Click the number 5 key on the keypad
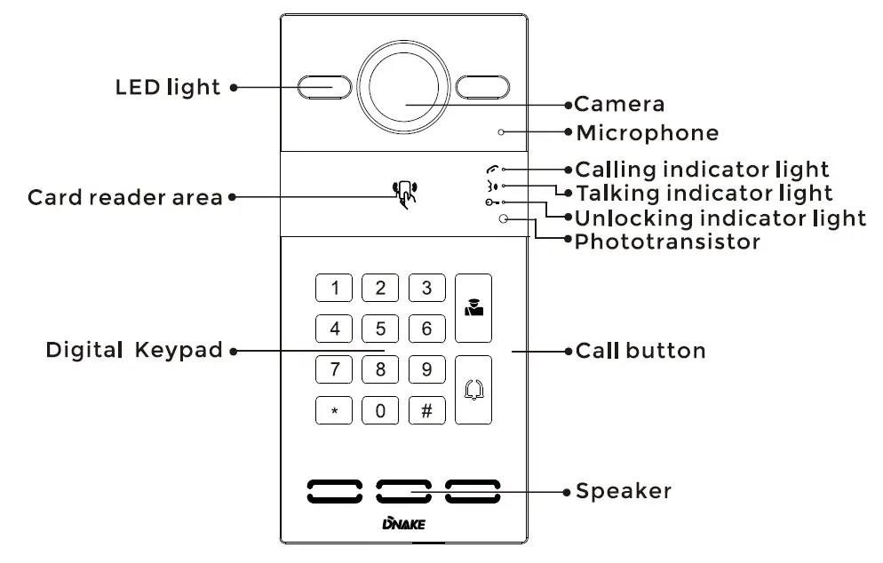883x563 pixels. tap(380, 329)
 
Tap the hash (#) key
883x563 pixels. tap(426, 410)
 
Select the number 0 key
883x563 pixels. tap(380, 410)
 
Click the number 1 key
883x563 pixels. tap(335, 288)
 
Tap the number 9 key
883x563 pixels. tap(426, 369)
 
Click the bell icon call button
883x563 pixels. tap(473, 390)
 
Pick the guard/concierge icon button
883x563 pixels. tap(473, 308)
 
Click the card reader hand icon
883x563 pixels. tap(406, 194)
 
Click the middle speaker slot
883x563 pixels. tap(404, 490)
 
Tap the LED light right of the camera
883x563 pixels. tap(485, 87)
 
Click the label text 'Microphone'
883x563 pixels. tap(647, 134)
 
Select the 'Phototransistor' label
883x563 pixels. tap(667, 242)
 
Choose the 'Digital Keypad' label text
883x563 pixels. tap(134, 351)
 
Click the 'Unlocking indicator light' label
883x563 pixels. tap(720, 218)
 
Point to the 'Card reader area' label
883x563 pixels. tap(124, 197)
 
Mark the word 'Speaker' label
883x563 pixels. tap(624, 491)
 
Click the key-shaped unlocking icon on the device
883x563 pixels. tap(491, 203)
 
